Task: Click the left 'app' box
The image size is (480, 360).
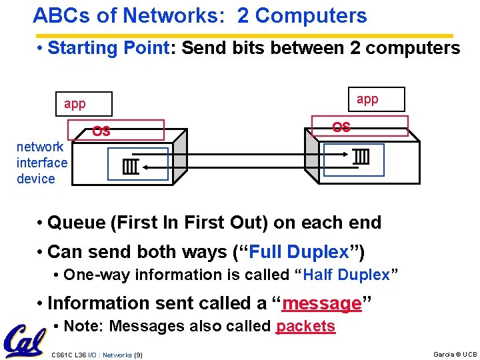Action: [83, 104]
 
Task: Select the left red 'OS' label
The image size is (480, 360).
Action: [101, 131]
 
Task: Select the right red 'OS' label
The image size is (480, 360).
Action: [341, 127]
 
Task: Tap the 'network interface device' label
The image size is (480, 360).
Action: [42, 163]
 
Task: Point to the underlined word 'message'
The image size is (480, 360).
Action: [321, 303]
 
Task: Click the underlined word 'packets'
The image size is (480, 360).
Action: [305, 326]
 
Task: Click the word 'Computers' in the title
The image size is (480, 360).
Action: [311, 16]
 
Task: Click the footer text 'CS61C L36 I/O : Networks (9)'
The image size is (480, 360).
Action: [97, 354]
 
